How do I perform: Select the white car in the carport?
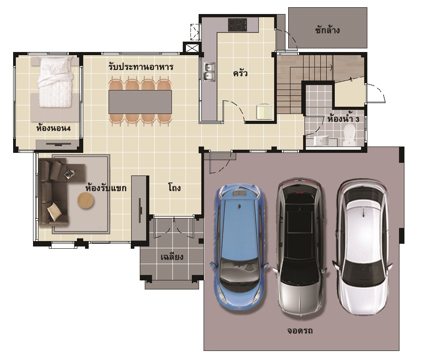click(362, 247)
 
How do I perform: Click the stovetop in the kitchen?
click(238, 25)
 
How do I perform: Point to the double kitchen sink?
click(209, 72)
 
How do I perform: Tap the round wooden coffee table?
click(86, 200)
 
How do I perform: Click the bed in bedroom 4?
click(55, 82)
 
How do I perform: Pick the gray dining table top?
click(140, 102)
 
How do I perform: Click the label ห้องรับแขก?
click(106, 188)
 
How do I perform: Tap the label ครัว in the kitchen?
click(240, 74)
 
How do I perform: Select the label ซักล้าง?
click(327, 30)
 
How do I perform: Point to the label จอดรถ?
click(300, 330)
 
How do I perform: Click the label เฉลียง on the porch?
click(172, 256)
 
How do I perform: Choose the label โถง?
click(174, 188)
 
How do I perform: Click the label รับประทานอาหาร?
click(141, 67)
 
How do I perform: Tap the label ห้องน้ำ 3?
click(343, 119)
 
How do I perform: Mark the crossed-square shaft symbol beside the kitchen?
click(192, 48)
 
